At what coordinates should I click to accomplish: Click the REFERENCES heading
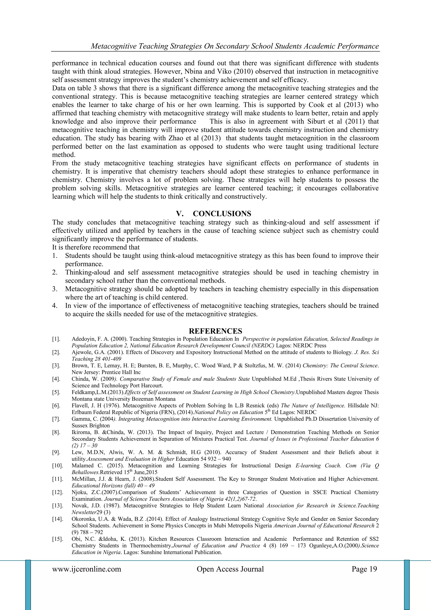tap(215, 331)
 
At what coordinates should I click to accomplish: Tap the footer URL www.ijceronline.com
tap(86, 569)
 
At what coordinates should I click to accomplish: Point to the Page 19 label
tap(364, 569)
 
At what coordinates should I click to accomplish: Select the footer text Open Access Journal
tap(230, 569)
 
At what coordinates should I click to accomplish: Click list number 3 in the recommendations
tap(55, 289)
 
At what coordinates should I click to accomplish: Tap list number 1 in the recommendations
tap(55, 256)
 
